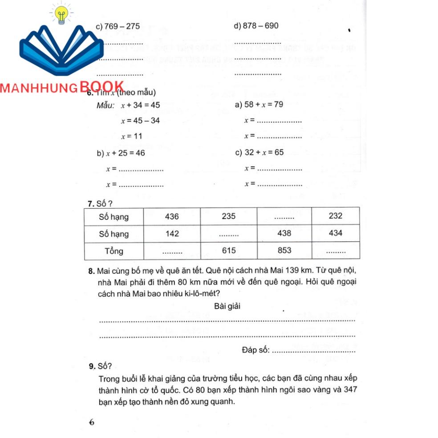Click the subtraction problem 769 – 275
pos(118,26)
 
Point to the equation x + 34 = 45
pos(140,105)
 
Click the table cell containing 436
pos(171,216)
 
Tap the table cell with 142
pos(171,234)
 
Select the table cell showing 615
pos(229,251)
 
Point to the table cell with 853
pos(284,251)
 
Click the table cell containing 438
pos(284,233)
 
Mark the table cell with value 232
pos(335,216)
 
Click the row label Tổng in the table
pos(114,251)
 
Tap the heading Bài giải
pos(228,306)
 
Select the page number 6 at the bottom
pos(92,422)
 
